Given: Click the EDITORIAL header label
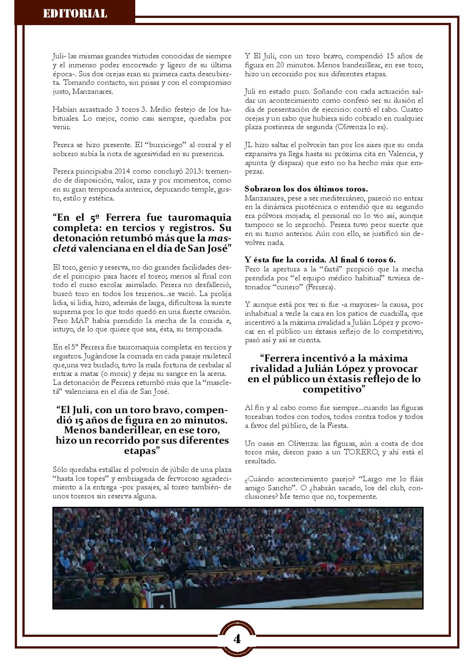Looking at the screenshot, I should point(75,13).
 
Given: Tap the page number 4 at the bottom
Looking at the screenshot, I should point(237,639).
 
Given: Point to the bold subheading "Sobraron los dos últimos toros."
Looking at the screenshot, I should point(306,189).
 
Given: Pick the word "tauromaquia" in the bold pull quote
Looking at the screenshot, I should point(198,218).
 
